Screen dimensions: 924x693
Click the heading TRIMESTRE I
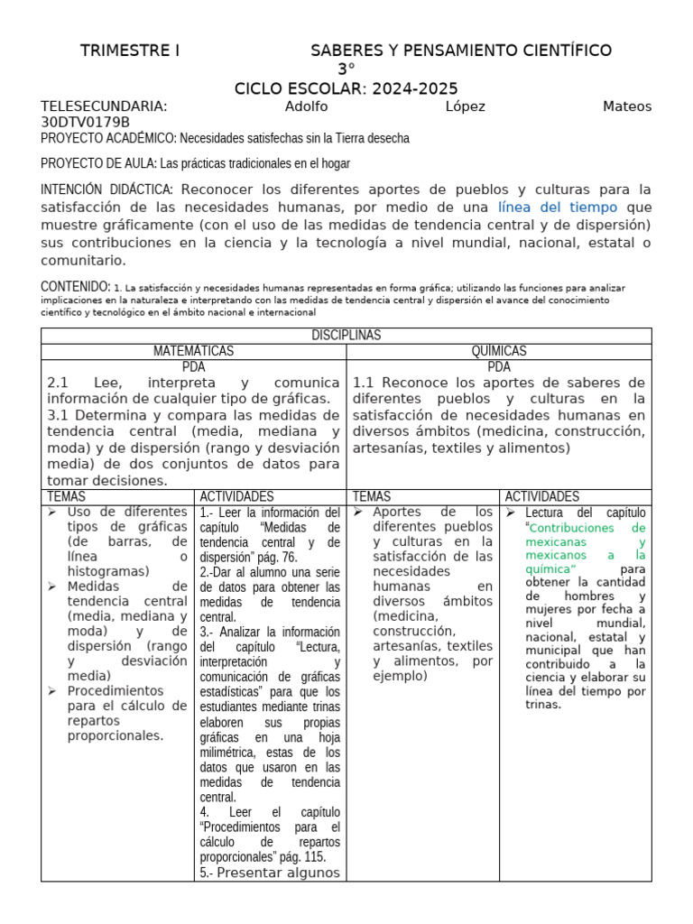(130, 51)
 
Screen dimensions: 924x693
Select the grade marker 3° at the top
(346, 69)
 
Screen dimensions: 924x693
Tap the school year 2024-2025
(416, 88)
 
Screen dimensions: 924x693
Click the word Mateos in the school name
(626, 106)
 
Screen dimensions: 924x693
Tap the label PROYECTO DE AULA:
(98, 163)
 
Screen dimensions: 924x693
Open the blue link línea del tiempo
(558, 208)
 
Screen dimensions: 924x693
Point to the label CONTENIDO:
(76, 286)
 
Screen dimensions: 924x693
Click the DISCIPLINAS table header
(346, 335)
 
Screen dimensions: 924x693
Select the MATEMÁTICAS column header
(193, 351)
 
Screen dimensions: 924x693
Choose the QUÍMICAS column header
(499, 351)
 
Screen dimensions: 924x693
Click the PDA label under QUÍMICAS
(499, 366)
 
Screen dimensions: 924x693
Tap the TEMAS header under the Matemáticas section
(68, 496)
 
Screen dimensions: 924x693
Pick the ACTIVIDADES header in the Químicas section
(541, 496)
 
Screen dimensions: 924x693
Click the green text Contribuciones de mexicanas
(585, 534)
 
